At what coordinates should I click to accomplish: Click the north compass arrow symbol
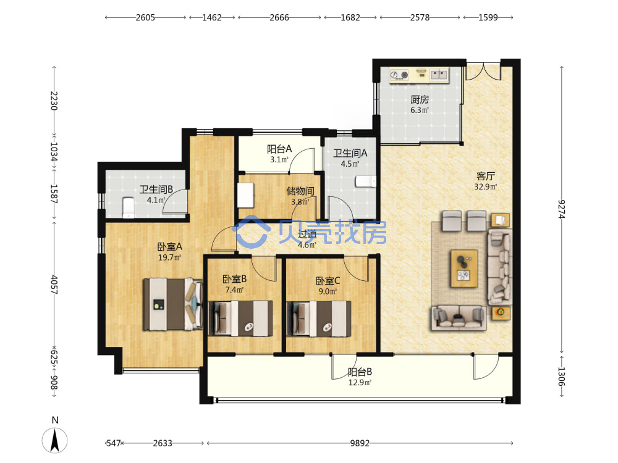[55, 440]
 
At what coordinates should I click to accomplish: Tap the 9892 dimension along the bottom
[360, 443]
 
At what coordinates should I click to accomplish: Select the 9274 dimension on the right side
[562, 209]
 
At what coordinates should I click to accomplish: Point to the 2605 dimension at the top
[145, 17]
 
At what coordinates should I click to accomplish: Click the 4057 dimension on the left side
[54, 285]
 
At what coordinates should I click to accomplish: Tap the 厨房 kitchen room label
[420, 99]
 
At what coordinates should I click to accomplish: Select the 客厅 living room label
[486, 176]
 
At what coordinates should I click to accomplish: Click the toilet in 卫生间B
[129, 207]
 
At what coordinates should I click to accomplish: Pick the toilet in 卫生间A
[366, 181]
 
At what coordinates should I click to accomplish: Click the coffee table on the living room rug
[464, 269]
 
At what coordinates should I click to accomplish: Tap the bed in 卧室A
[172, 304]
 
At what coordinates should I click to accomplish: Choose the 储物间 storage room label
[300, 191]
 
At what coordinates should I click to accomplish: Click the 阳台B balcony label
[360, 372]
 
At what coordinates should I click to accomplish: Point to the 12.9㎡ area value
[360, 382]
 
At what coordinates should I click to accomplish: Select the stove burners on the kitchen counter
[399, 75]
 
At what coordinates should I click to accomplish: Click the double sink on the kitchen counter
[439, 74]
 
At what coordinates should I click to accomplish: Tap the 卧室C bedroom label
[328, 281]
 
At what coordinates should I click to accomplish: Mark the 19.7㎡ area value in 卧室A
[169, 257]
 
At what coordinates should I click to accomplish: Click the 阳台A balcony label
[279, 149]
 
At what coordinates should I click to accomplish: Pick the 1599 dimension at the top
[488, 17]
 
